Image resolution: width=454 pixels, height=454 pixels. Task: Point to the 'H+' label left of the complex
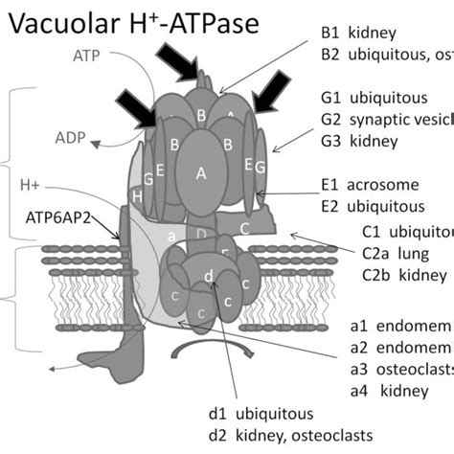coord(29,183)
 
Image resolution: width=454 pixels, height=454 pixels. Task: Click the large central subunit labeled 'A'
coord(200,173)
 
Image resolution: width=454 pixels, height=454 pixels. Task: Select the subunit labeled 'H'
coord(139,195)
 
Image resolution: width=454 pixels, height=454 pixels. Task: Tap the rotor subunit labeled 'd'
coord(208,277)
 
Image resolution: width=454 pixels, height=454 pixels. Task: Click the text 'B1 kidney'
coord(353,33)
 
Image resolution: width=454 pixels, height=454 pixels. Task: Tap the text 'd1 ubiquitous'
coord(261,414)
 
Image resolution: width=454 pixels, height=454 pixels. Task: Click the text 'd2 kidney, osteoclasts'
coord(290,436)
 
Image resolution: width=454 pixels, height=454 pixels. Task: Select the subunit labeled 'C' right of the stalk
coord(245,227)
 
